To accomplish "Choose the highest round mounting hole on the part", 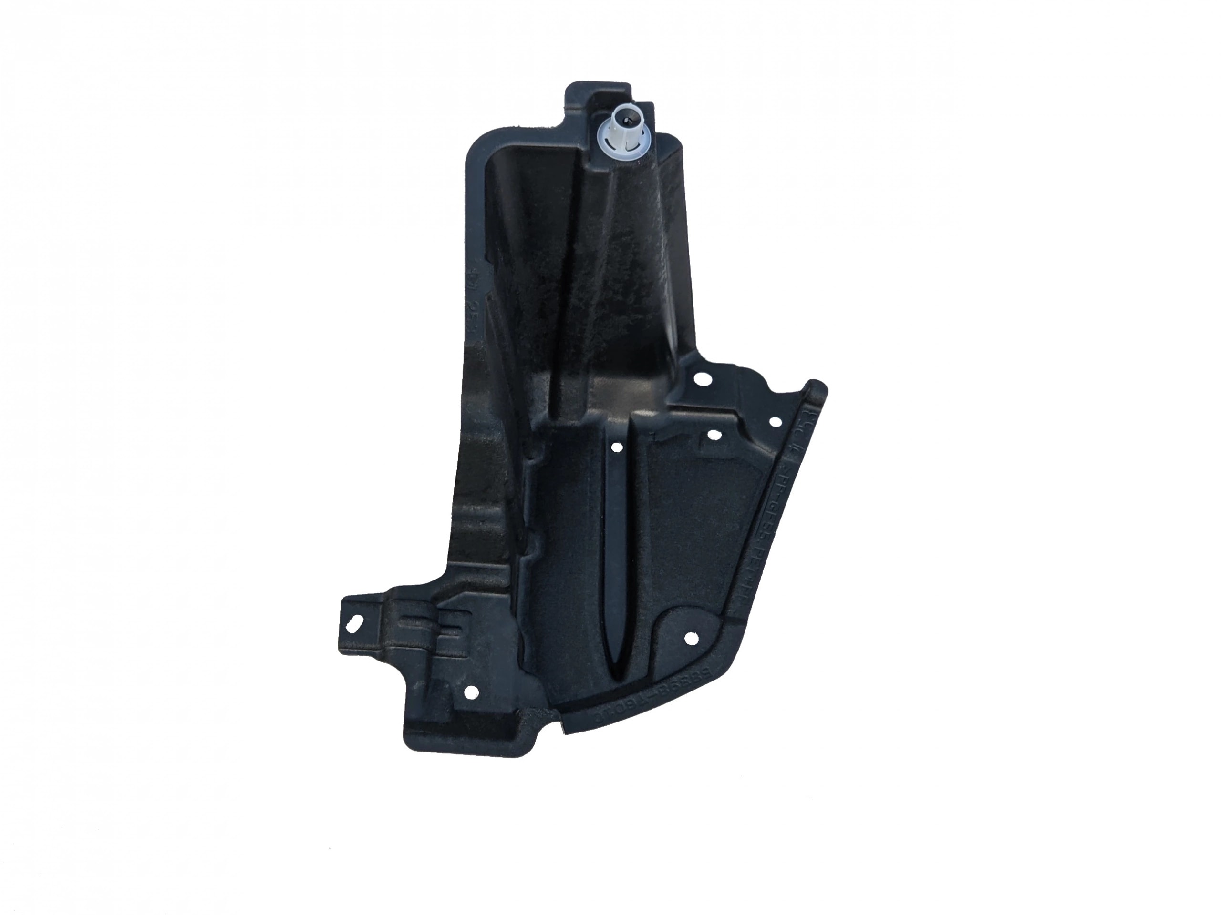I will [702, 379].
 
